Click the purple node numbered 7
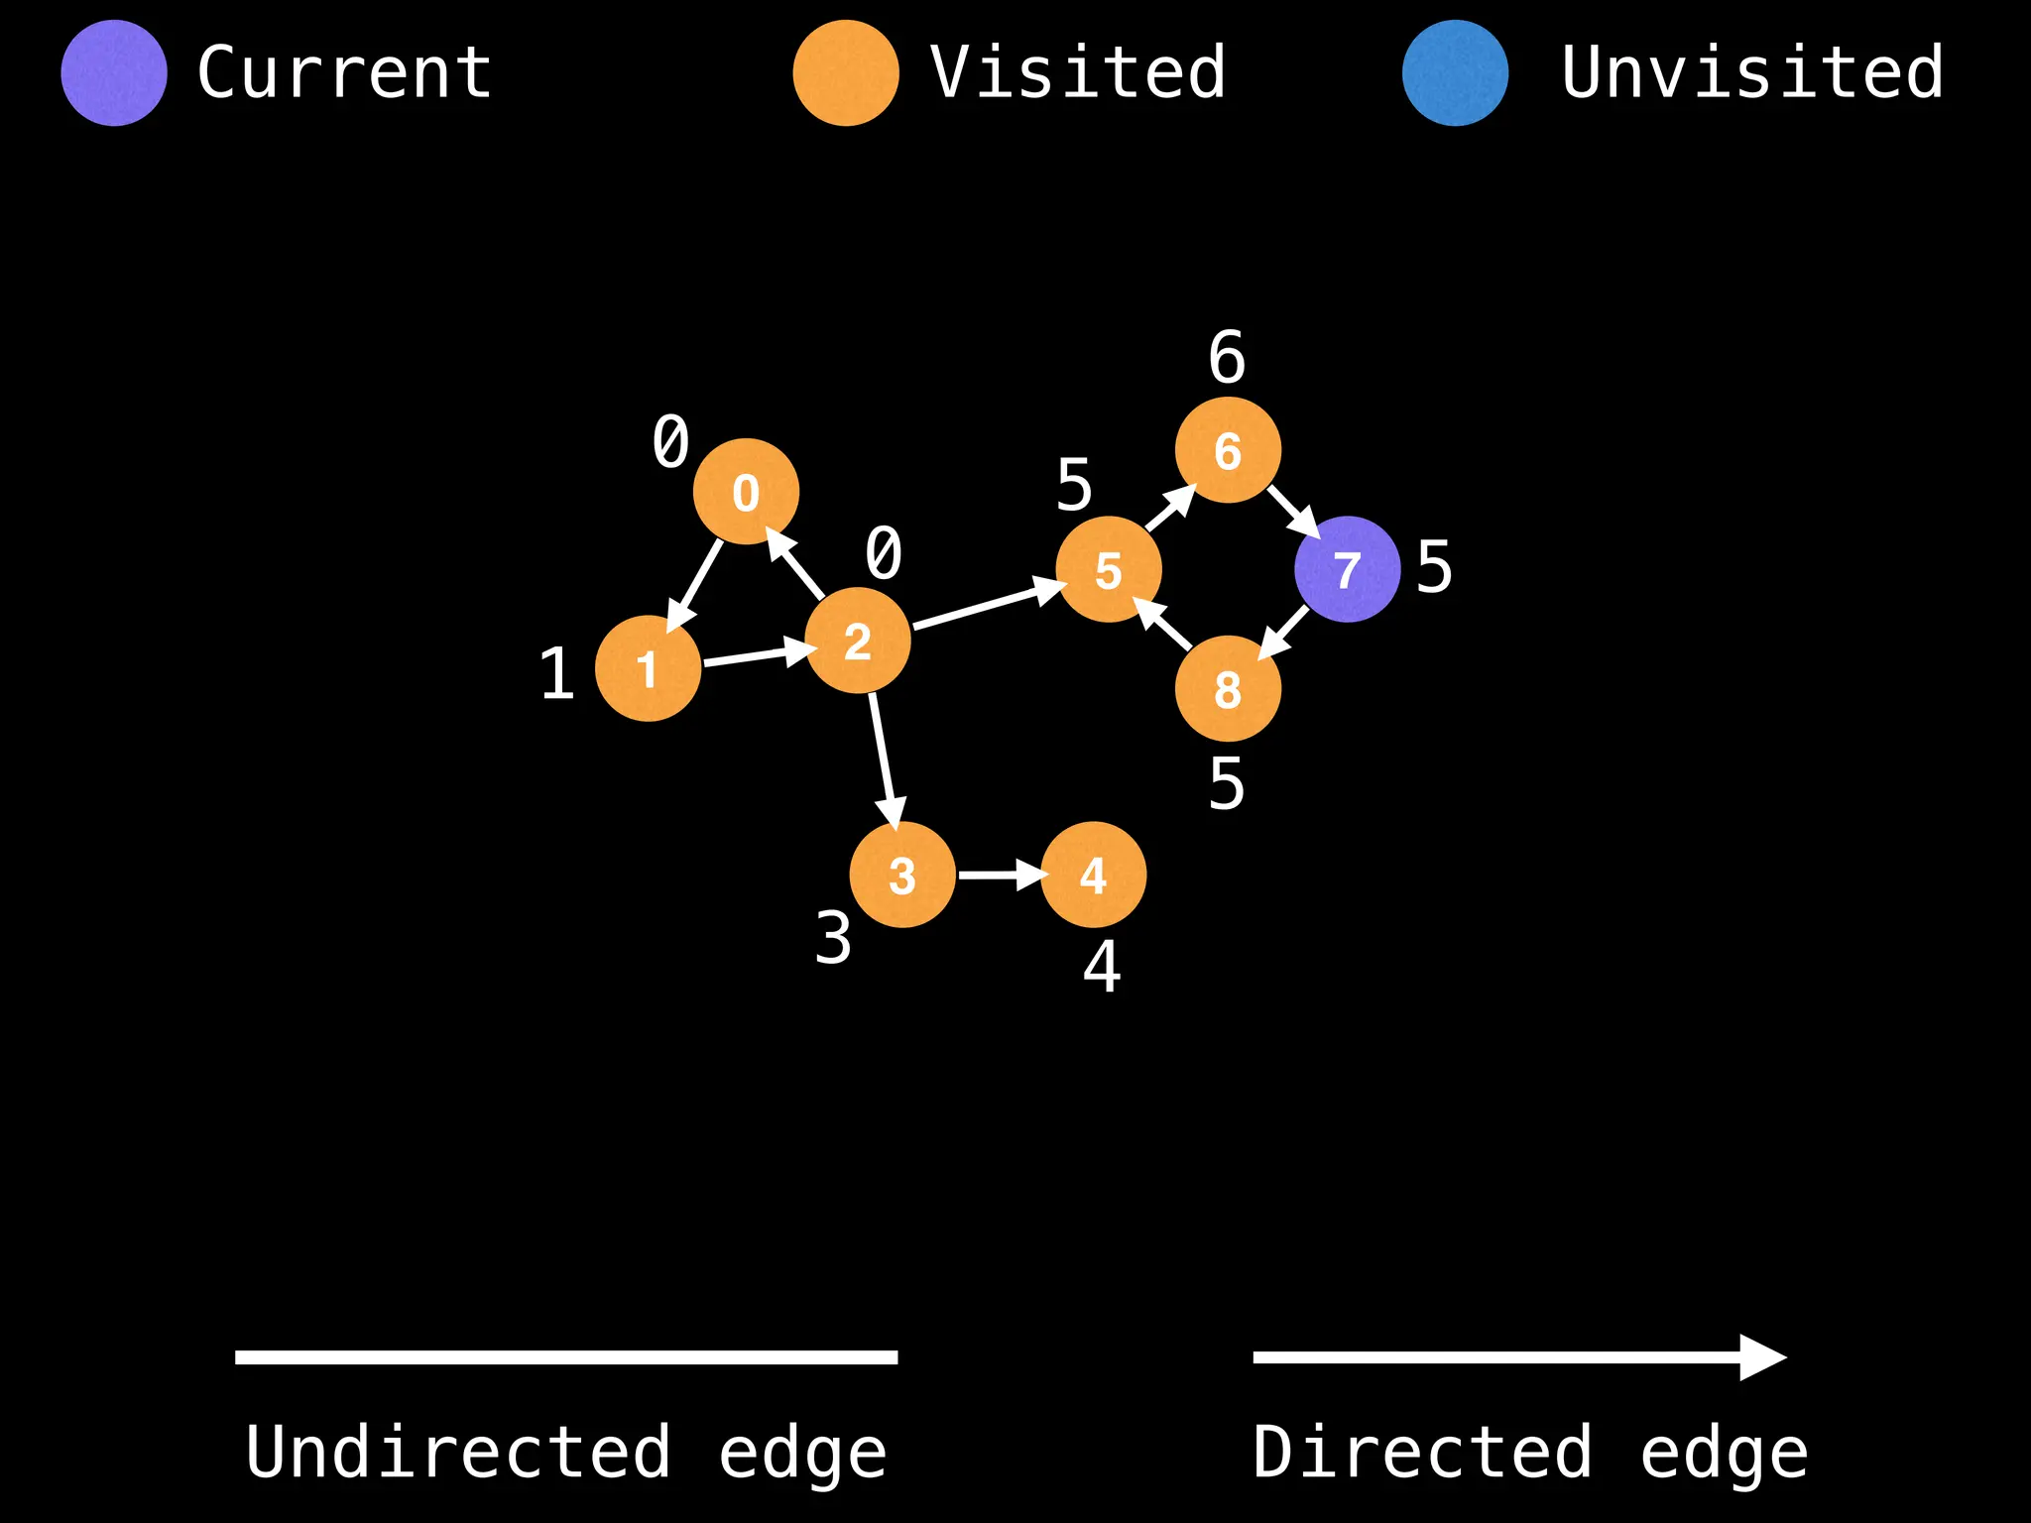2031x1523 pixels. pyautogui.click(x=1347, y=569)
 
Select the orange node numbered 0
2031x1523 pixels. pyautogui.click(x=746, y=492)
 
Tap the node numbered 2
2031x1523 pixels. pyautogui.click(x=857, y=641)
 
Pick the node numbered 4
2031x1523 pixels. pyautogui.click(x=1093, y=875)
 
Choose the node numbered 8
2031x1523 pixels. pyautogui.click(x=1228, y=688)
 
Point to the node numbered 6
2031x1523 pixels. pyautogui.click(x=1228, y=450)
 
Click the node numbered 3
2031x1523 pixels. pyautogui.click(x=902, y=875)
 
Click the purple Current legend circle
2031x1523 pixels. pyautogui.click(x=114, y=73)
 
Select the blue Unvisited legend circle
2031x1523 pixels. pyautogui.click(x=1455, y=73)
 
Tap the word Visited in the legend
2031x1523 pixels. pyautogui.click(x=1078, y=73)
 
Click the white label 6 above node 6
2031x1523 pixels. pyautogui.click(x=1227, y=357)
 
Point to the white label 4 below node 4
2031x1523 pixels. pyautogui.click(x=1102, y=966)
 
